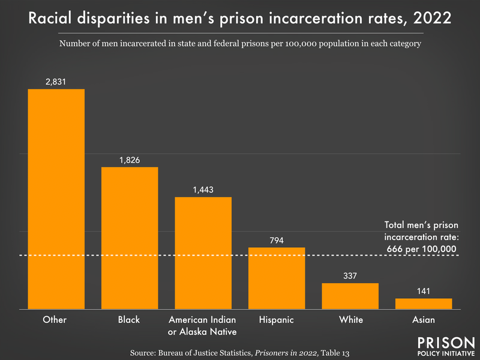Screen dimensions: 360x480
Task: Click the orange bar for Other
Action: pyautogui.click(x=56, y=199)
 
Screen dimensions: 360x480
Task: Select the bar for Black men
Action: pyautogui.click(x=130, y=238)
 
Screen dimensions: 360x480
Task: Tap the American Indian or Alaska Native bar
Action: pyautogui.click(x=203, y=253)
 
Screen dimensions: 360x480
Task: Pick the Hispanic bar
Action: pyautogui.click(x=277, y=278)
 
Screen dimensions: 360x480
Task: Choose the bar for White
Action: pyautogui.click(x=350, y=296)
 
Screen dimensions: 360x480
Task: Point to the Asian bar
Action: pyautogui.click(x=424, y=304)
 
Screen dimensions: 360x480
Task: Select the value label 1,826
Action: pyautogui.click(x=130, y=160)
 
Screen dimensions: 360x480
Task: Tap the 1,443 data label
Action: pyautogui.click(x=203, y=190)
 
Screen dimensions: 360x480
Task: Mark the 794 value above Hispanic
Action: pyautogui.click(x=277, y=241)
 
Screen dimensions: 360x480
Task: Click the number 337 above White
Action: pyautogui.click(x=350, y=277)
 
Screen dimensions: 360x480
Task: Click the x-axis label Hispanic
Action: pyautogui.click(x=277, y=320)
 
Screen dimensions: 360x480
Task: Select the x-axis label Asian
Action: pyautogui.click(x=424, y=320)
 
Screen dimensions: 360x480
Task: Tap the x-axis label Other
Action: pyautogui.click(x=56, y=320)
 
